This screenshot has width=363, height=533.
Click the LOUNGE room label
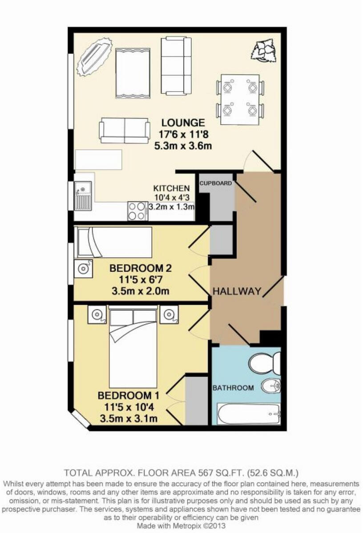pyautogui.click(x=183, y=123)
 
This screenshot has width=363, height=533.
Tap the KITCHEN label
pyautogui.click(x=172, y=188)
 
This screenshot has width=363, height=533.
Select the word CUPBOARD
pyautogui.click(x=216, y=183)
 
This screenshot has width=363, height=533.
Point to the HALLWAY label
pyautogui.click(x=236, y=291)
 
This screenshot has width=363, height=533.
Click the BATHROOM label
pyautogui.click(x=233, y=388)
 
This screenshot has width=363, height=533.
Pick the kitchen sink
pyautogui.click(x=83, y=196)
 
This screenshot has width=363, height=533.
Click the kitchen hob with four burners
pyautogui.click(x=137, y=211)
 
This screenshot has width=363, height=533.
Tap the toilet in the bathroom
pyautogui.click(x=264, y=363)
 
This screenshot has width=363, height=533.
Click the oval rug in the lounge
pyautogui.click(x=94, y=56)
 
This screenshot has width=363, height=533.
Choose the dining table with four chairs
pyautogui.click(x=240, y=99)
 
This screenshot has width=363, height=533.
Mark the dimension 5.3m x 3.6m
pyautogui.click(x=183, y=146)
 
